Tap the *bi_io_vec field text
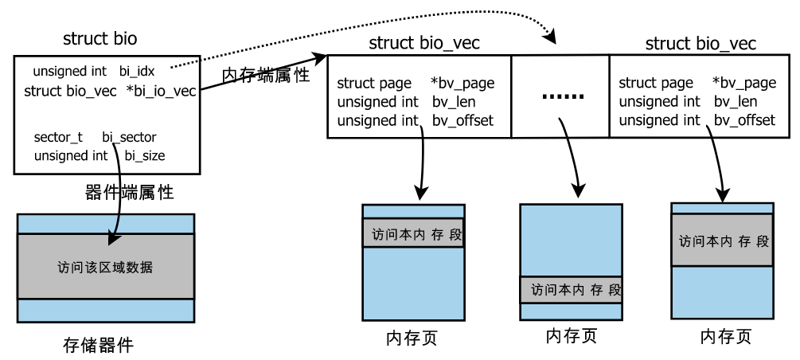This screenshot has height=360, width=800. [x=162, y=92]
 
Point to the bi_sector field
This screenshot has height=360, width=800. [x=131, y=138]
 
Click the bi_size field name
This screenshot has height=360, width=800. [x=145, y=155]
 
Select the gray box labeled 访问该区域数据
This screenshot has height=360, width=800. [x=105, y=267]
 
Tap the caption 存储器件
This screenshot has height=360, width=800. [x=97, y=346]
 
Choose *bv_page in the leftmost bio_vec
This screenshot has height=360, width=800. [x=462, y=83]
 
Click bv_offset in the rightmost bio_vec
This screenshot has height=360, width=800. [x=744, y=120]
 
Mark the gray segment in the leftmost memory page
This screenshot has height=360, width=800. [x=412, y=234]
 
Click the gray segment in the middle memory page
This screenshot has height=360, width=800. [x=571, y=290]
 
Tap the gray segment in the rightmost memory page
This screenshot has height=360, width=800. [x=722, y=240]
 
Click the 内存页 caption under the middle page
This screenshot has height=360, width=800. [x=571, y=336]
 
